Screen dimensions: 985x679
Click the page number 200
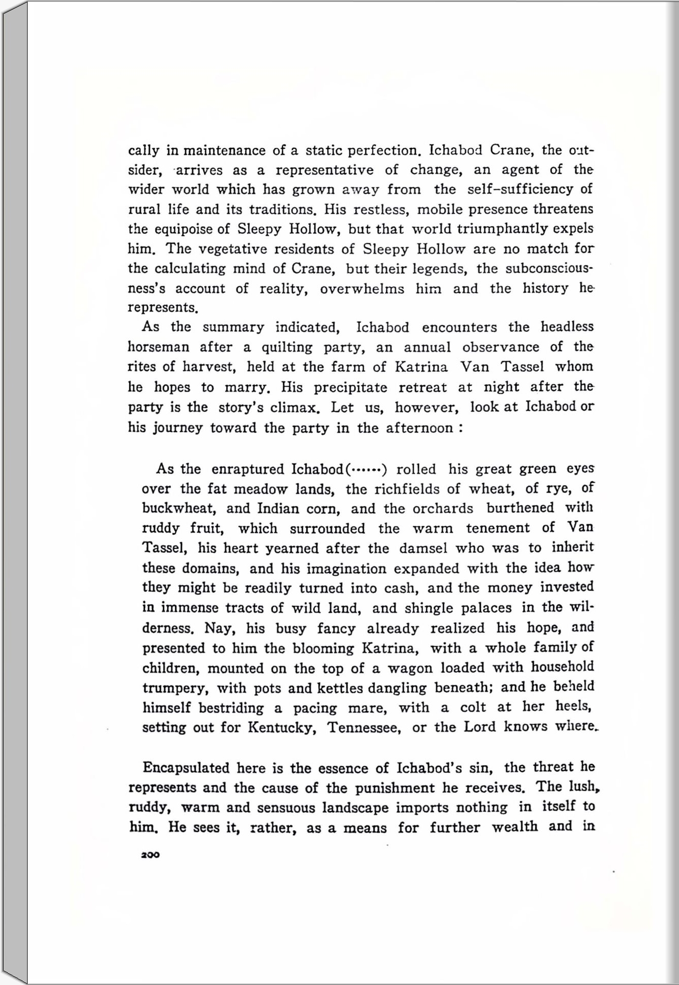coord(150,855)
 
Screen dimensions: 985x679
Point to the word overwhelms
coord(362,289)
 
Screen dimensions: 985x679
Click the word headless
coord(567,327)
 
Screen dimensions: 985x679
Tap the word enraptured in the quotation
coord(248,469)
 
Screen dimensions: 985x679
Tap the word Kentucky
coord(280,727)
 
